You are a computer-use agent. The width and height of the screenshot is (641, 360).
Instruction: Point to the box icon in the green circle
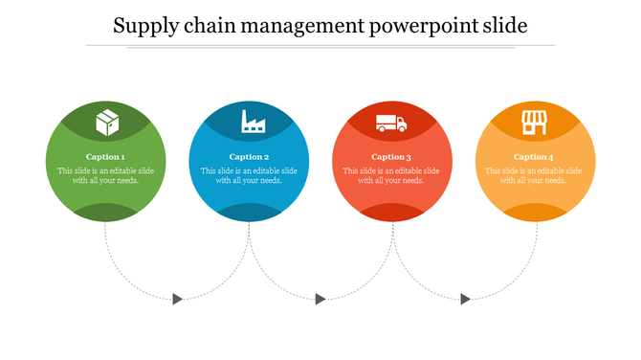106,123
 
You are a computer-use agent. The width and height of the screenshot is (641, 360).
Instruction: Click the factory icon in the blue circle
253,122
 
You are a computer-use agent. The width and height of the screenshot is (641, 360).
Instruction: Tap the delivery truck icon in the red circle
391,123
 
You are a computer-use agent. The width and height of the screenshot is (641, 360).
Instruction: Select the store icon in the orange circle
533,123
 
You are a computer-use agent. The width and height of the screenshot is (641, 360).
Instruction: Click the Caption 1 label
105,156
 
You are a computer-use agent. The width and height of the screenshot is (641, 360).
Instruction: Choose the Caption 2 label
249,156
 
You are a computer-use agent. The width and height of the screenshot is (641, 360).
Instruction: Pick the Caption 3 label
391,156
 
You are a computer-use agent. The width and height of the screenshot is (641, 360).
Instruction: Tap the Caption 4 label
533,156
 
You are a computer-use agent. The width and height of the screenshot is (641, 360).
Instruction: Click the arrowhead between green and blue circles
178,300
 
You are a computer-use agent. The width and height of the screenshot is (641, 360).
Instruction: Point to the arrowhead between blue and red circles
320,300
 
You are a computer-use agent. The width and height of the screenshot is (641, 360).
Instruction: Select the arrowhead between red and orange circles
465,300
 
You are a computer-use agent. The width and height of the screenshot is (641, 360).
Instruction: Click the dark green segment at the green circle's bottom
105,213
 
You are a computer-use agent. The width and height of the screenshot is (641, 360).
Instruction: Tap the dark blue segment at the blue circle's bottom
249,213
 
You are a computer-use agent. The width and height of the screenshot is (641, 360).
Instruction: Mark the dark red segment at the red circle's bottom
391,213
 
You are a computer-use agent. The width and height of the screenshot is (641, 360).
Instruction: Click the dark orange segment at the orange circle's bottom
534,213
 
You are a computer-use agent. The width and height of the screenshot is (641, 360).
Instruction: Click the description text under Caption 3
391,175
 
